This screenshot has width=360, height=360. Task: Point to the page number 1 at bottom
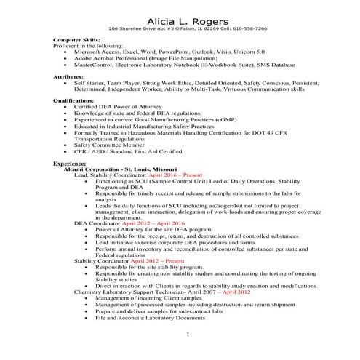point(187,334)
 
